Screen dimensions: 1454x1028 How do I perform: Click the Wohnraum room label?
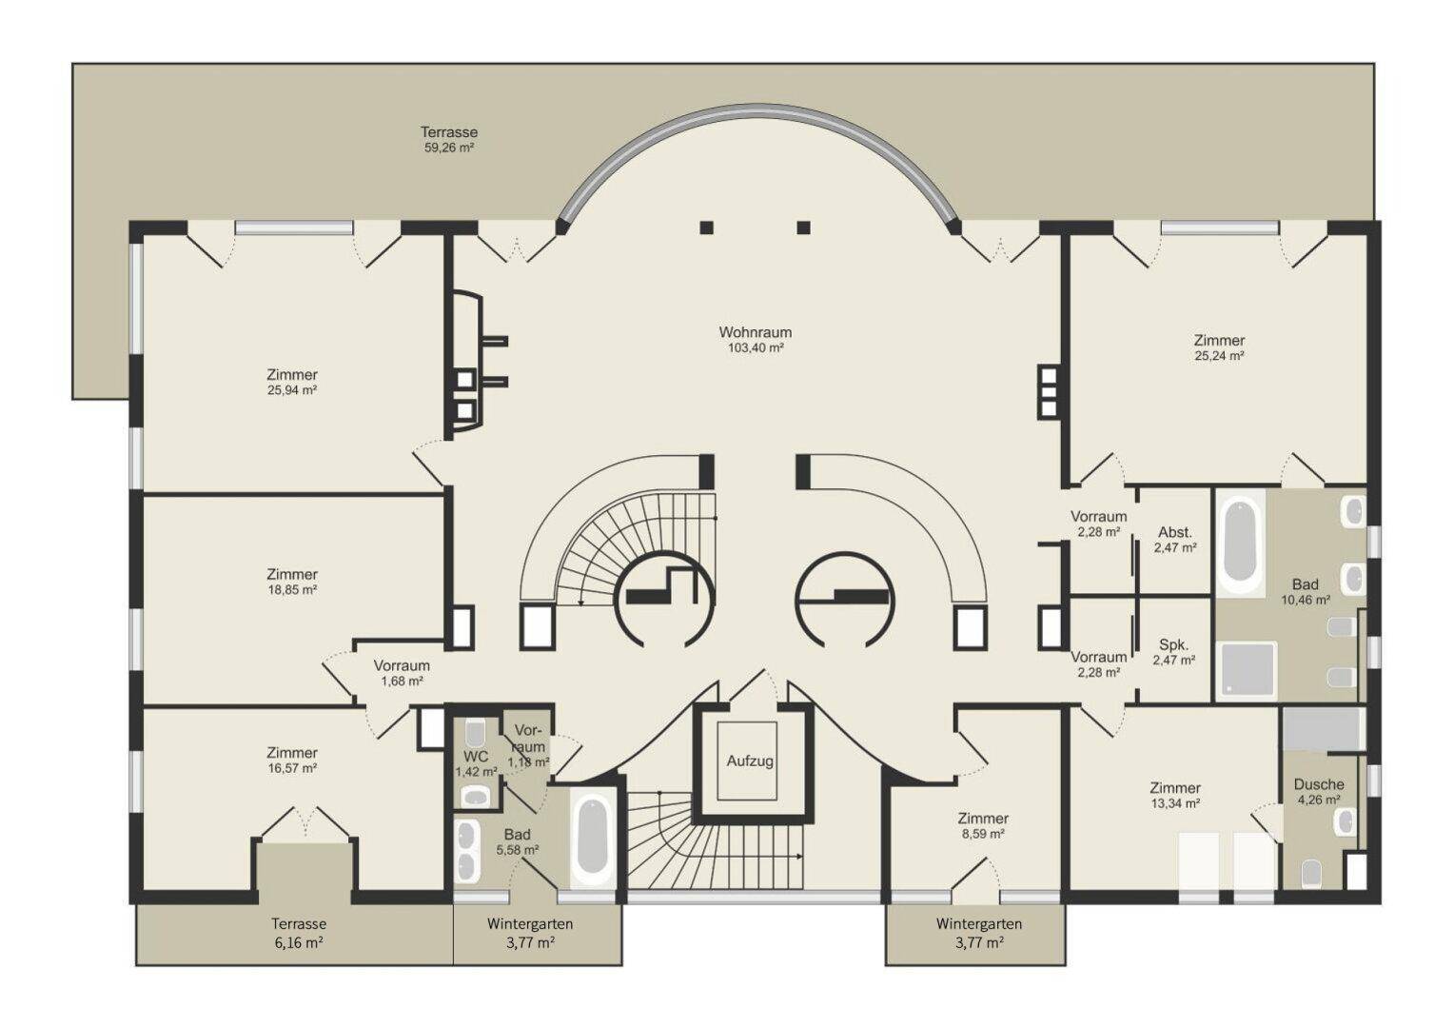(755, 332)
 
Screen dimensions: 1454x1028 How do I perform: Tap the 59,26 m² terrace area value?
(449, 148)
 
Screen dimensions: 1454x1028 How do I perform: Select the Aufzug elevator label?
(750, 761)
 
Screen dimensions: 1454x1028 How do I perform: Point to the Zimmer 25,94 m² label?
(292, 382)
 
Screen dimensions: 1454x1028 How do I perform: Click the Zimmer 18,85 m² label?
(292, 582)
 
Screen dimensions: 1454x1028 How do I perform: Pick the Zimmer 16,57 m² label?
(292, 760)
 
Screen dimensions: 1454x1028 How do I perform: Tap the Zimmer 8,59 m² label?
(983, 825)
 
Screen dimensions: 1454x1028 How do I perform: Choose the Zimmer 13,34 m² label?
(1175, 795)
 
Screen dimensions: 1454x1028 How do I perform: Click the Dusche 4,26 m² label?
(1319, 791)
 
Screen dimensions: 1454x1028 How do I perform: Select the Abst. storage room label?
(1175, 532)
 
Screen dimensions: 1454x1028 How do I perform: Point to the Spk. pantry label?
(1173, 644)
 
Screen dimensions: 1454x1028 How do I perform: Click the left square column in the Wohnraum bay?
(707, 227)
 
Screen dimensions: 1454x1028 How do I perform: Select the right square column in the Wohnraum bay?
(803, 227)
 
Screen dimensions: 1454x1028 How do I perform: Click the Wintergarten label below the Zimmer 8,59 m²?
(979, 923)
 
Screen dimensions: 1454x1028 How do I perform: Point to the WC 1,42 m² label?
(476, 763)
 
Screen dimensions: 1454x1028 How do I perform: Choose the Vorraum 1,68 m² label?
(402, 673)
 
